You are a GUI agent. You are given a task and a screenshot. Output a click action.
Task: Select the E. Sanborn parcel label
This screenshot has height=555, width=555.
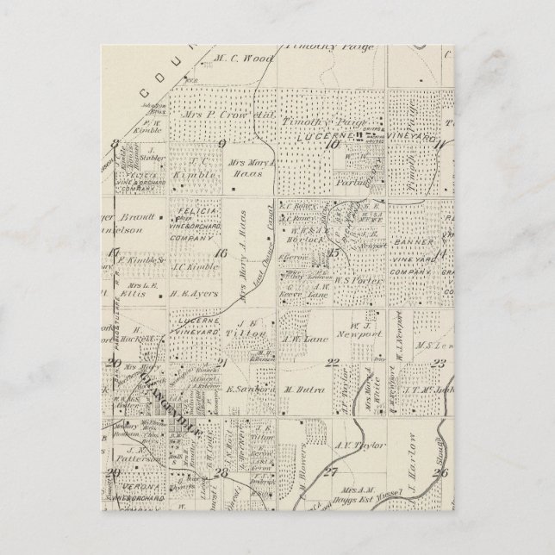tap(245, 390)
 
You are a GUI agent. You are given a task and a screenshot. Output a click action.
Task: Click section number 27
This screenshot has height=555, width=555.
tap(330, 471)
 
